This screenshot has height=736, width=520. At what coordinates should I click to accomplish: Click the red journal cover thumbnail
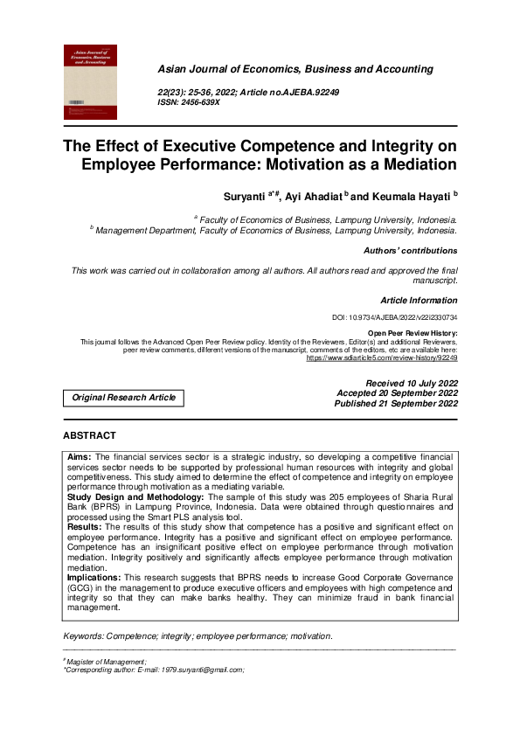pyautogui.click(x=90, y=83)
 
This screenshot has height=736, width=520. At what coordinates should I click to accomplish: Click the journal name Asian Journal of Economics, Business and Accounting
pyautogui.click(x=295, y=68)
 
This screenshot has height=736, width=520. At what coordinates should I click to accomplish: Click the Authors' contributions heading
pyautogui.click(x=410, y=251)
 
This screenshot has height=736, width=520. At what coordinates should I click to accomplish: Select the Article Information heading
pyautogui.click(x=419, y=300)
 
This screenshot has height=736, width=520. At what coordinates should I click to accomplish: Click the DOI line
pyautogui.click(x=395, y=317)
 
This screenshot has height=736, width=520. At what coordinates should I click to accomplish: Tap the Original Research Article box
pyautogui.click(x=123, y=398)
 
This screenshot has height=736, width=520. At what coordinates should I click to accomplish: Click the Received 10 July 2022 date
pyautogui.click(x=411, y=384)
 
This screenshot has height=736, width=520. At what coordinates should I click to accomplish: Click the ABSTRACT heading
pyautogui.click(x=89, y=435)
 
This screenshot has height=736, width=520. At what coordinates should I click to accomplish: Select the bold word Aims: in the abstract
pyautogui.click(x=80, y=457)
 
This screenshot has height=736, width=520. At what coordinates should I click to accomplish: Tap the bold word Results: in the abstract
pyautogui.click(x=86, y=527)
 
